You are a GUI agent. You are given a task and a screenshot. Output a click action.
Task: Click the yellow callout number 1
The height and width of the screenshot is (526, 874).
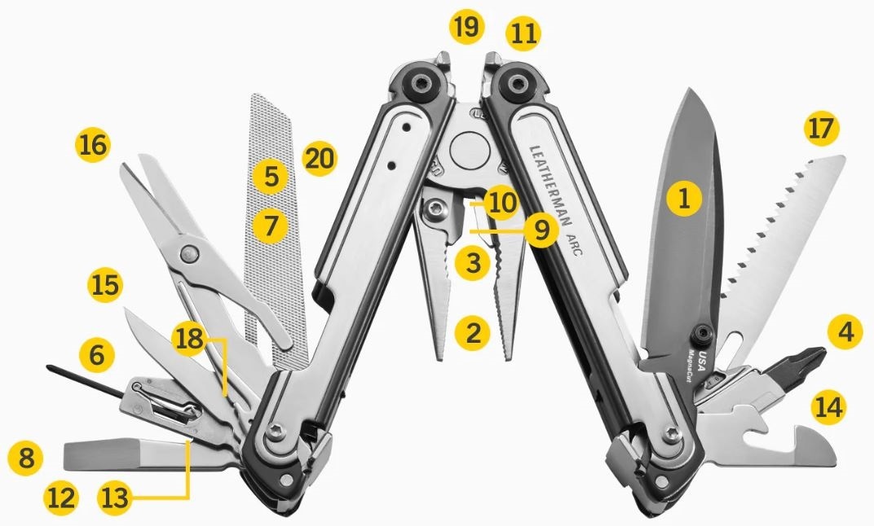click(x=684, y=198)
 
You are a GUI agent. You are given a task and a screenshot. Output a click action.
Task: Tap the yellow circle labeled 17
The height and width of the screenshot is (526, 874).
click(x=822, y=129)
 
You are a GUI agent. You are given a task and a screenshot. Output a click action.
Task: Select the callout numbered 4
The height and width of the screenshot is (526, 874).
click(x=845, y=332)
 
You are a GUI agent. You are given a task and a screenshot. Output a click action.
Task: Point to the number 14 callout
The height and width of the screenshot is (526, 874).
click(x=828, y=407)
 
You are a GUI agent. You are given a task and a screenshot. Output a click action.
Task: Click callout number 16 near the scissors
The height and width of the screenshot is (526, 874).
click(x=93, y=145)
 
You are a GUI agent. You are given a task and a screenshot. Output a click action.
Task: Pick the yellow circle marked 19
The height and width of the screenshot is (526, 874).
click(x=466, y=26)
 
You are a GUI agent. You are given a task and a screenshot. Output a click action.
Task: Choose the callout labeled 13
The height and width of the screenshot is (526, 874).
click(x=115, y=497)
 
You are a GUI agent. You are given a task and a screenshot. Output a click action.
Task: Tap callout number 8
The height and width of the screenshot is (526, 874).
click(x=25, y=458)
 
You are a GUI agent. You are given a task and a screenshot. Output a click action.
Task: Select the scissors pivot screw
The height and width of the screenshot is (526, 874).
click(x=189, y=254)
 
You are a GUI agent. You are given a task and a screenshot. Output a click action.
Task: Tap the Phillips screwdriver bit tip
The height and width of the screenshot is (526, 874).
click(x=819, y=354)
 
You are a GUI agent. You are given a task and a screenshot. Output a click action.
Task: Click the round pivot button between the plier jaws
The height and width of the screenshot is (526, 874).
click(x=470, y=151)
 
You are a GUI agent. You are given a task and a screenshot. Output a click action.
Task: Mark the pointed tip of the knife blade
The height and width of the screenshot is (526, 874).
click(x=690, y=89)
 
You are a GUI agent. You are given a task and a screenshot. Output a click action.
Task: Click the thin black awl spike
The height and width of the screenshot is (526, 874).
click(x=85, y=381)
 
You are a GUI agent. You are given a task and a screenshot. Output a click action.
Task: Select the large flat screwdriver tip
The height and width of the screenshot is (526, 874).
click(x=100, y=454)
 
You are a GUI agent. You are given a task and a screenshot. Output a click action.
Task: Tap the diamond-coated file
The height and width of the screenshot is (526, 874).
click(x=276, y=231)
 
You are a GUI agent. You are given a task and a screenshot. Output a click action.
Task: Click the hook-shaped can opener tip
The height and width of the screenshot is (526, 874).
click(x=818, y=445)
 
